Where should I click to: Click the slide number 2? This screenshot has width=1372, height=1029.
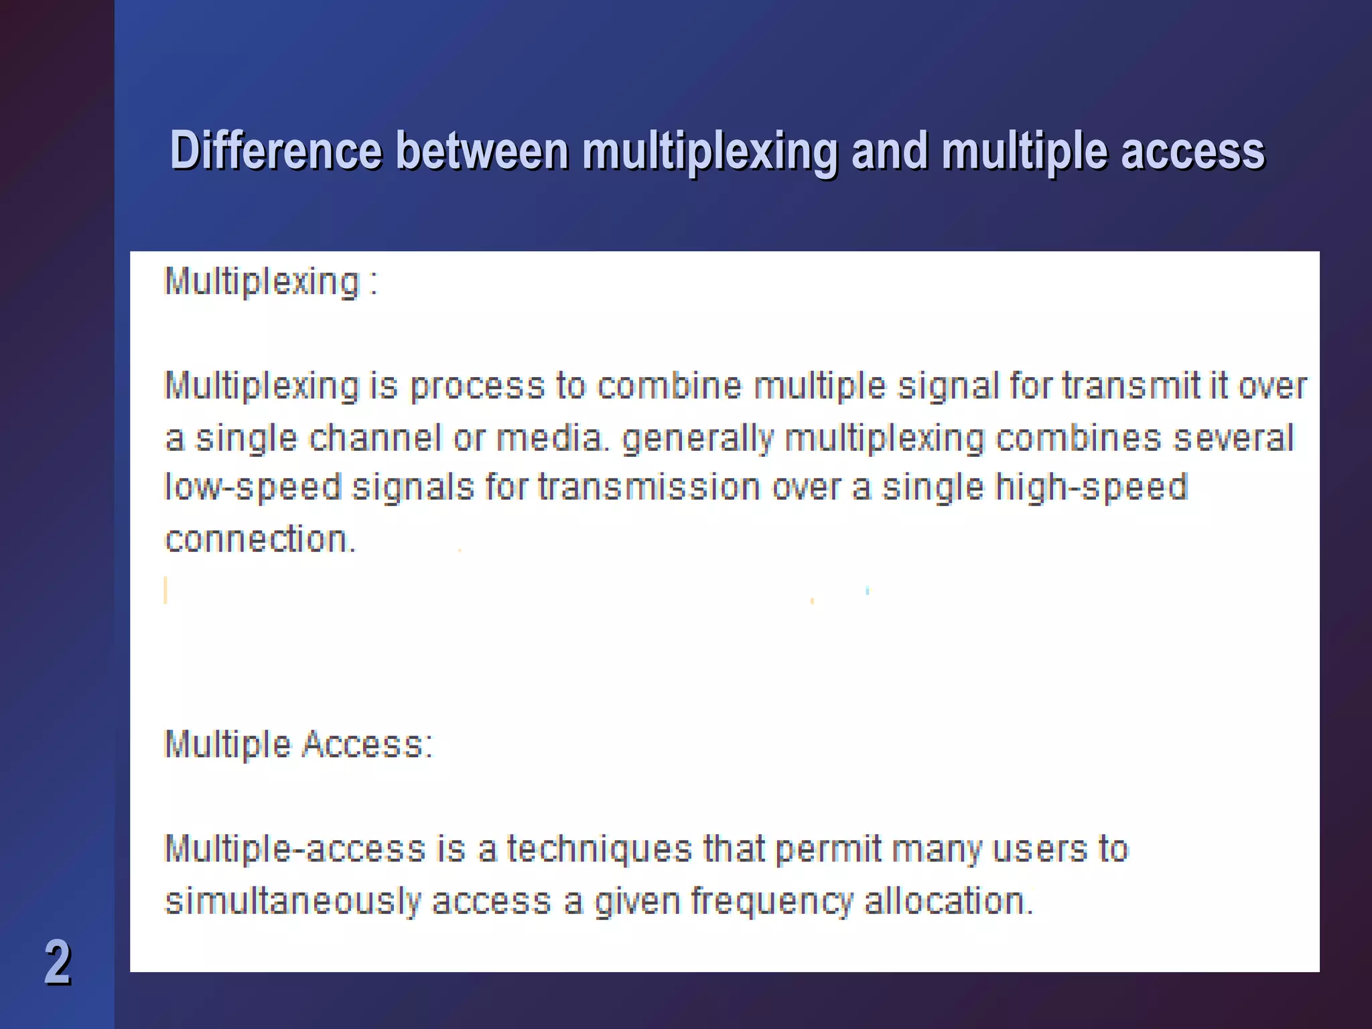click(58, 962)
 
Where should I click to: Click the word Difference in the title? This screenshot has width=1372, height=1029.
click(276, 151)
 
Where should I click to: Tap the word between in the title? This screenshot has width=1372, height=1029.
click(482, 151)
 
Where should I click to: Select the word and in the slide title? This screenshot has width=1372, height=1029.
click(890, 151)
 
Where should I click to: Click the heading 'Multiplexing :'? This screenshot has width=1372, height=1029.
click(271, 281)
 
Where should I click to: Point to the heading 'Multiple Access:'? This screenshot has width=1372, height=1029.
click(299, 744)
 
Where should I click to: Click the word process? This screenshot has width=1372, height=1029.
click(477, 387)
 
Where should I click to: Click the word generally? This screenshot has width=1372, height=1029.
click(697, 439)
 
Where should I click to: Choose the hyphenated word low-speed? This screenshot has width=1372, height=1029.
click(253, 488)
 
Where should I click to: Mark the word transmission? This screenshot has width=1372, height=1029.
click(648, 487)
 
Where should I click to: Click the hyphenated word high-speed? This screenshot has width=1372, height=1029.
click(1091, 488)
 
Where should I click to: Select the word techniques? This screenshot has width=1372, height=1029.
click(599, 849)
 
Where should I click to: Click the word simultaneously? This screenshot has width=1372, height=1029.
click(292, 901)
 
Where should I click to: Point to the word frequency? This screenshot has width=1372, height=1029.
click(772, 902)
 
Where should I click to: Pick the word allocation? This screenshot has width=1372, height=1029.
click(949, 901)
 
